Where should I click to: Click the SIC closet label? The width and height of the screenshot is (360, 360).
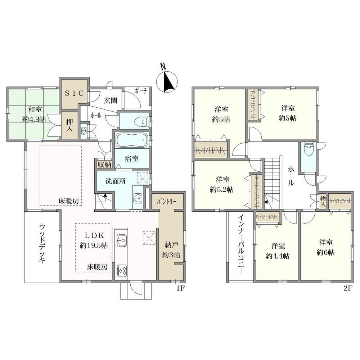pyautogui.click(x=74, y=93)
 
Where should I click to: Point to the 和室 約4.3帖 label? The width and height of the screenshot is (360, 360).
pyautogui.click(x=34, y=114)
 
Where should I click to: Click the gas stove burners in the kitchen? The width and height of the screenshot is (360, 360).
pyautogui.click(x=121, y=270)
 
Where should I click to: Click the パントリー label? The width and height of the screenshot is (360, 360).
pyautogui.click(x=166, y=202)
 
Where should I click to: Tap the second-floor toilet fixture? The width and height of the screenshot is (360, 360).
pyautogui.click(x=309, y=149)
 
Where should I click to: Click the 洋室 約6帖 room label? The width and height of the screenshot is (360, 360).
pyautogui.click(x=326, y=247)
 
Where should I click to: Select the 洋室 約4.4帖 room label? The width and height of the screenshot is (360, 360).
pyautogui.click(x=278, y=251)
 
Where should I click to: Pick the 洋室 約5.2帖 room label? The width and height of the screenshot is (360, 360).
pyautogui.click(x=222, y=184)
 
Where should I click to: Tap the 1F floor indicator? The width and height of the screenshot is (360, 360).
pyautogui.click(x=180, y=288)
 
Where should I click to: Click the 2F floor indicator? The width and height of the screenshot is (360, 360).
pyautogui.click(x=348, y=288)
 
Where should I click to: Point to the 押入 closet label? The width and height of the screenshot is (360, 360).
pyautogui.click(x=69, y=125)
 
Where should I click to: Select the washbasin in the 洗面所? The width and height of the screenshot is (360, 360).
pyautogui.click(x=138, y=198)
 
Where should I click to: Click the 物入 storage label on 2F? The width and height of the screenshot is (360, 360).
pyautogui.click(x=323, y=201)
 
